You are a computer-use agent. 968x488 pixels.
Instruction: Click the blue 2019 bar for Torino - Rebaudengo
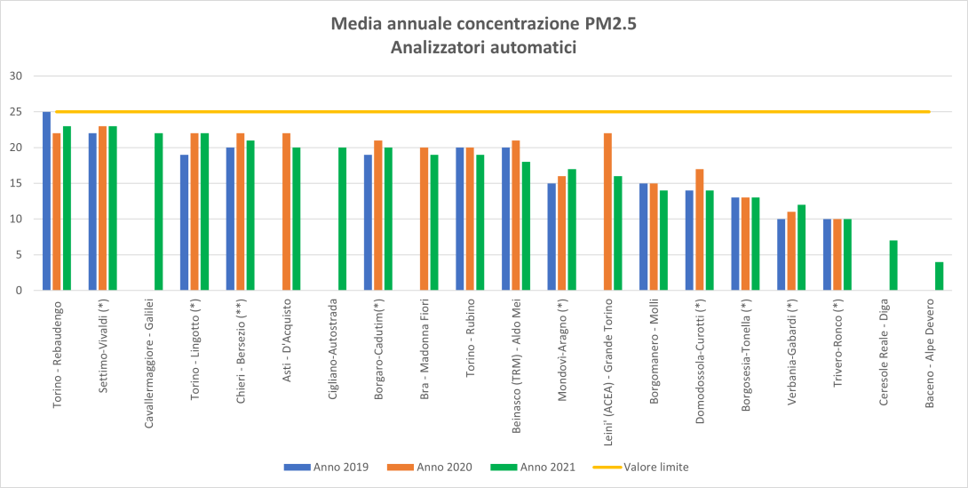point(46,201)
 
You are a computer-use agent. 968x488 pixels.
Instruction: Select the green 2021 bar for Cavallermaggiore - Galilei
point(159,212)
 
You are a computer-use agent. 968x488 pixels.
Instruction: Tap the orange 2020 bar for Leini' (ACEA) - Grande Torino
point(607,212)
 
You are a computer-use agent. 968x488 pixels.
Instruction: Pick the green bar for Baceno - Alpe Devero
point(939,276)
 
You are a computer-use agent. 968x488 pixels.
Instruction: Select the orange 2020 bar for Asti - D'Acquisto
point(286,212)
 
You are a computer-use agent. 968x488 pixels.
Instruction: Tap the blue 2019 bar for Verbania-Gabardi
point(782,254)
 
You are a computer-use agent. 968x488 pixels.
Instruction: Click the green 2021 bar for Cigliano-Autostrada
point(343,219)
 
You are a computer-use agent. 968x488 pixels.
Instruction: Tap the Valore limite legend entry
point(655,467)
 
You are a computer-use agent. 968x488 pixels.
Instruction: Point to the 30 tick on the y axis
point(15,76)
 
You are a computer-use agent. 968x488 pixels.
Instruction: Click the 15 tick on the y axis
point(15,183)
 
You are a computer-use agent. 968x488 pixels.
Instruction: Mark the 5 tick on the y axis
point(18,254)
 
